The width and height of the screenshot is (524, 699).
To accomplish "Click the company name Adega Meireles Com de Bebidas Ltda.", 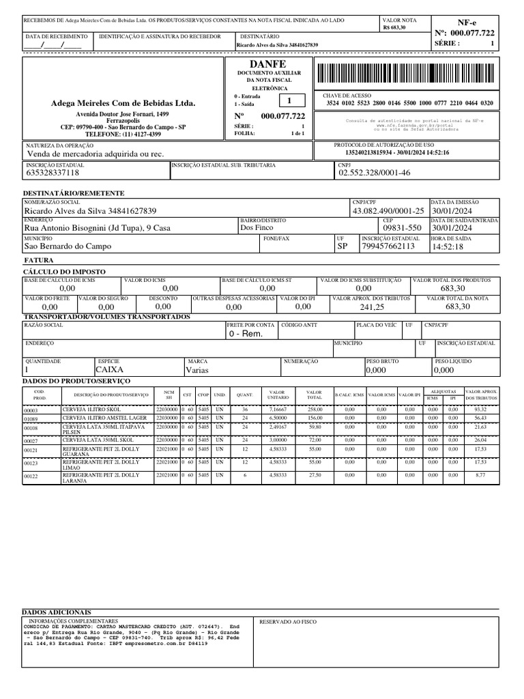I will (x=123, y=103).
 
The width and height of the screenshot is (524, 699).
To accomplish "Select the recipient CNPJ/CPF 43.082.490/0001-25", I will (x=388, y=211).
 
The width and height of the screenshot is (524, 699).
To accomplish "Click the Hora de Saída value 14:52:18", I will (x=448, y=246).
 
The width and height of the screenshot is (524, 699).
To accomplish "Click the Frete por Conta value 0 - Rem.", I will (x=246, y=334).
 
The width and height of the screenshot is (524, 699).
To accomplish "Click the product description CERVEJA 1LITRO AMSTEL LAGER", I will (x=104, y=417).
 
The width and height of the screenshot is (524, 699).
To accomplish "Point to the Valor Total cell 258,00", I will (x=314, y=409).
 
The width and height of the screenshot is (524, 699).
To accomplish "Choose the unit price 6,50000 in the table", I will (x=278, y=417).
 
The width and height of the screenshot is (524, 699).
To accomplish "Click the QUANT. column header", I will (x=244, y=395).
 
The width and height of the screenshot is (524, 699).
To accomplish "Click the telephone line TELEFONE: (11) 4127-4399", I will (x=123, y=134).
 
